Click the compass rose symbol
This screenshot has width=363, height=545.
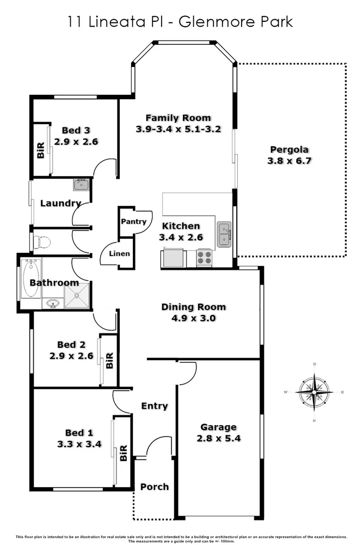[x=315, y=392]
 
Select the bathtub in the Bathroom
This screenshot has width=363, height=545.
[x=30, y=278]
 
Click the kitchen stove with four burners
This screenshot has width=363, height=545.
[x=205, y=257]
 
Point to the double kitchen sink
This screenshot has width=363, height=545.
[x=224, y=234]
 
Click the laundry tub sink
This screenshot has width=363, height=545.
[x=81, y=184]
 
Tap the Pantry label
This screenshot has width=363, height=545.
[x=133, y=222]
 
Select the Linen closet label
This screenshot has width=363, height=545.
[x=119, y=254]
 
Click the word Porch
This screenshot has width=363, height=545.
[x=155, y=487]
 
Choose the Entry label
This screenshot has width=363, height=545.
[x=155, y=406]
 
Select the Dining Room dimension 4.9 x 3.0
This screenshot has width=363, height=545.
[x=193, y=318]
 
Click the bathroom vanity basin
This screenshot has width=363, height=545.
[x=53, y=303]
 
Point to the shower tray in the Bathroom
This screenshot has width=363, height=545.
[x=77, y=298]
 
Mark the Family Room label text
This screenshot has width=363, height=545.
[x=178, y=118]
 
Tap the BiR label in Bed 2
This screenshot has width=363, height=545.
[x=109, y=360]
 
